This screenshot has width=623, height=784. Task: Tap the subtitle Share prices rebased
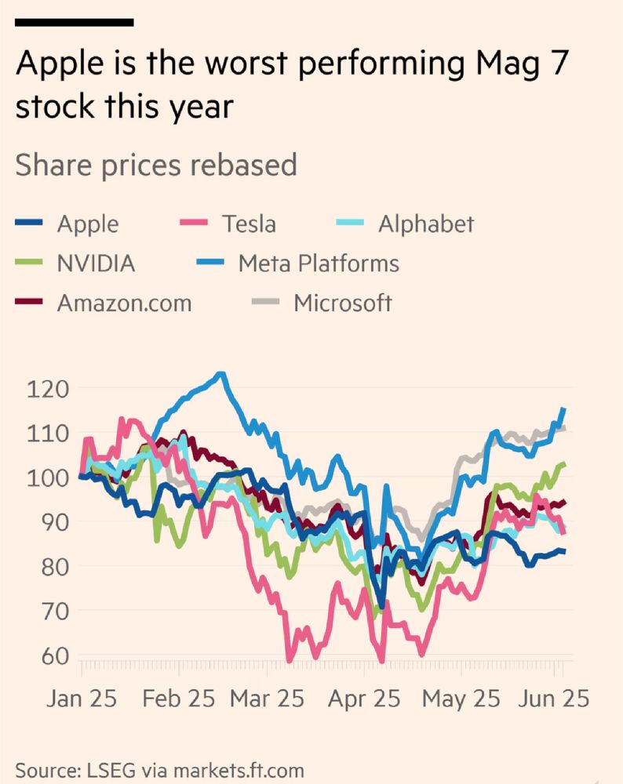click(x=156, y=165)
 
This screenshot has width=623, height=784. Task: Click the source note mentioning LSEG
click(x=159, y=769)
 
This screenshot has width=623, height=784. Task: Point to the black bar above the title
click(x=74, y=22)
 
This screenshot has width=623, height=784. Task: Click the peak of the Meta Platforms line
click(x=221, y=374)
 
